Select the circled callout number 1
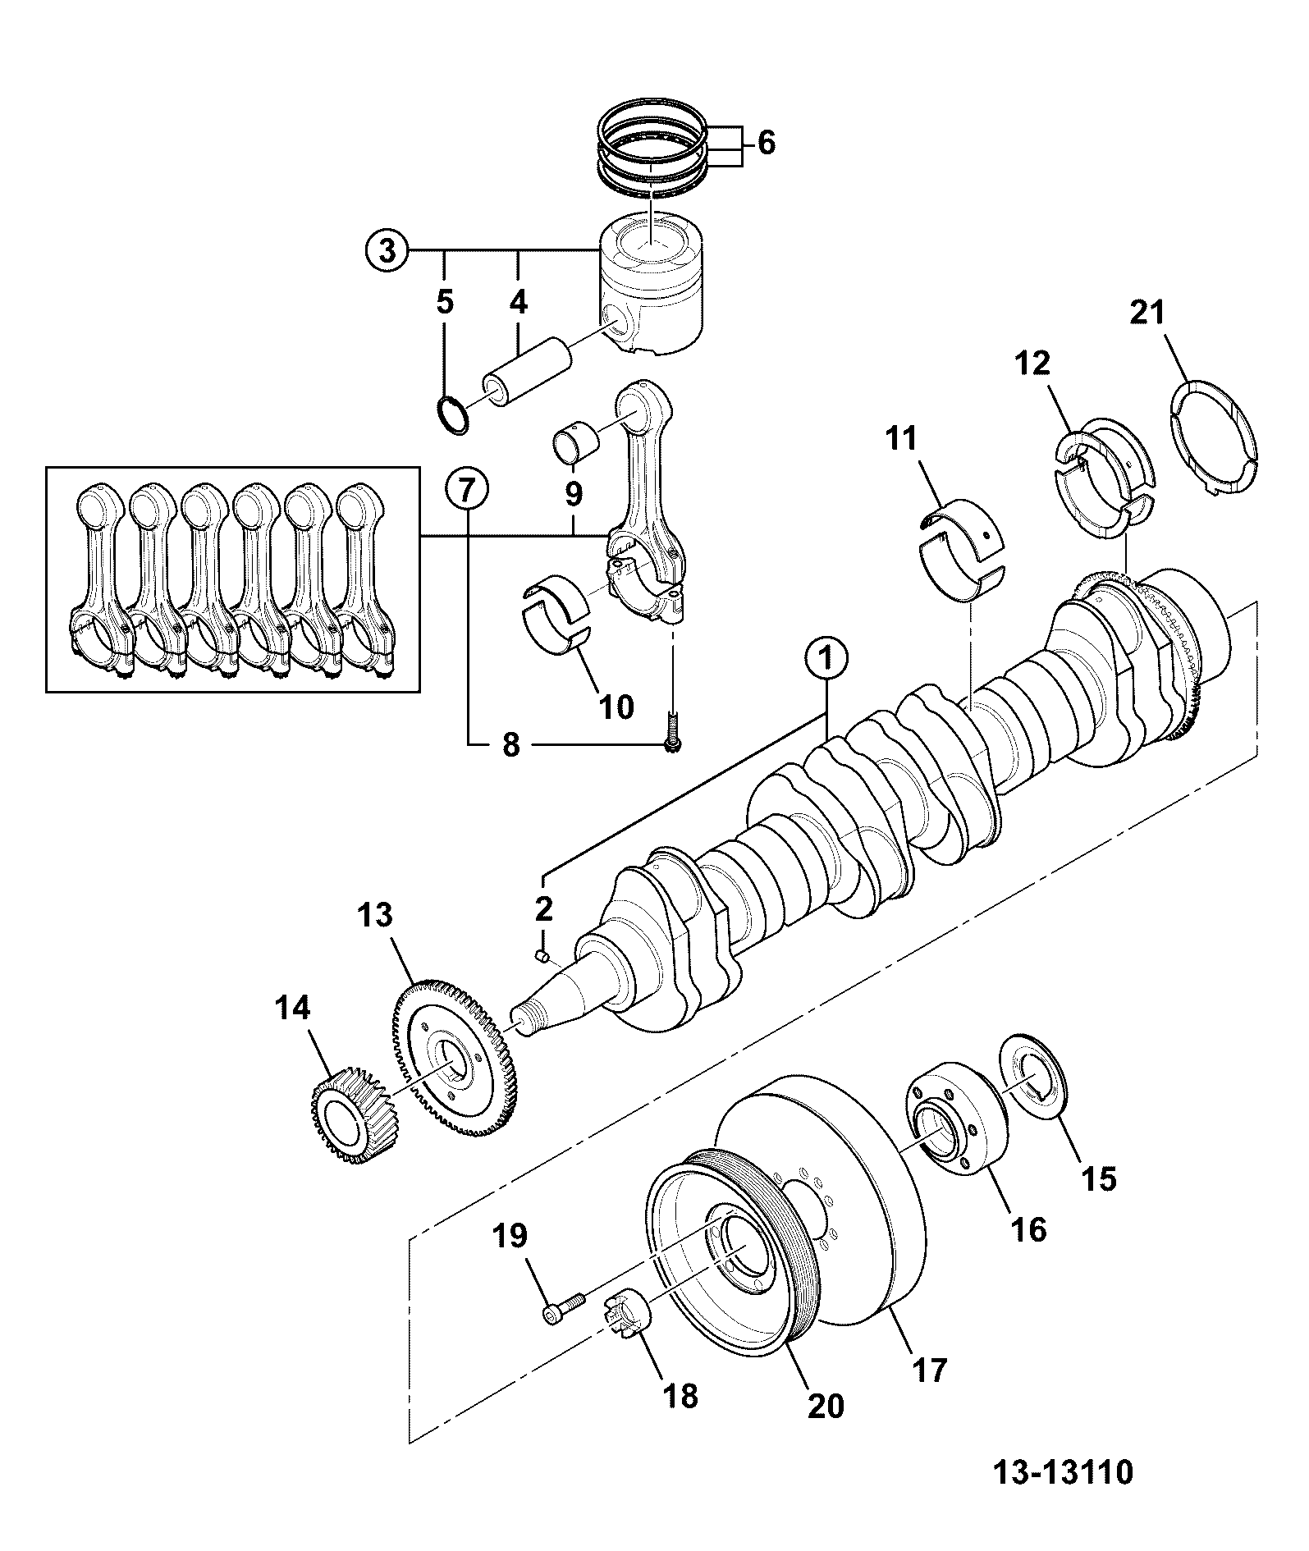coord(826,658)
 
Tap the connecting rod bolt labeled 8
coord(673,734)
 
